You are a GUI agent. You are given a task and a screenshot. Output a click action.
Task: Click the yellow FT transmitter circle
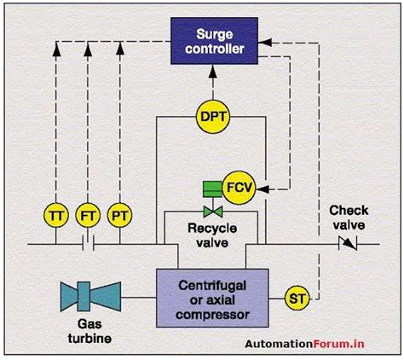click(x=87, y=213)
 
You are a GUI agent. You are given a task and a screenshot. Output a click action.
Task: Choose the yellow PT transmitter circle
click(x=118, y=213)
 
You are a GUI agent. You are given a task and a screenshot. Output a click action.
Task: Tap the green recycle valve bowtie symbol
click(x=211, y=211)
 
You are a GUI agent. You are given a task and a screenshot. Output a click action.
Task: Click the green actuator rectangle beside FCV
click(x=211, y=187)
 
